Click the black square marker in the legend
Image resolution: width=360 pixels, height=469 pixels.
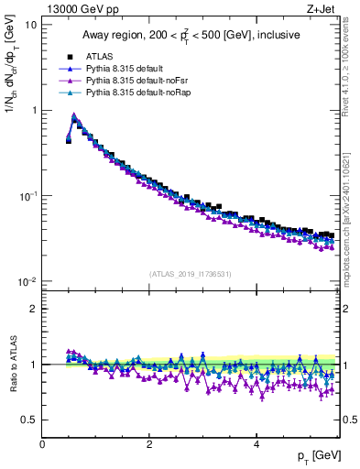tap(69, 56)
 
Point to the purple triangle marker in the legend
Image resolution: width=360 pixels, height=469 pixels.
tap(69, 81)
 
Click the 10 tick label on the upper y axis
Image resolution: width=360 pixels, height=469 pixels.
tap(30, 25)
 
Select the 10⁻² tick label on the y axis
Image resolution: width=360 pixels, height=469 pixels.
tap(27, 281)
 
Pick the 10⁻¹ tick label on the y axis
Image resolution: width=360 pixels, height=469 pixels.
tap(27, 196)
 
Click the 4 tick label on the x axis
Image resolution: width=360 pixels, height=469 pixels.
tap(256, 444)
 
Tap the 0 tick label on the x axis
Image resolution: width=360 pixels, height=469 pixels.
tap(42, 444)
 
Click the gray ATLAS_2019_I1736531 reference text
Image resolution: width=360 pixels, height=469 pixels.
tap(190, 274)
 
